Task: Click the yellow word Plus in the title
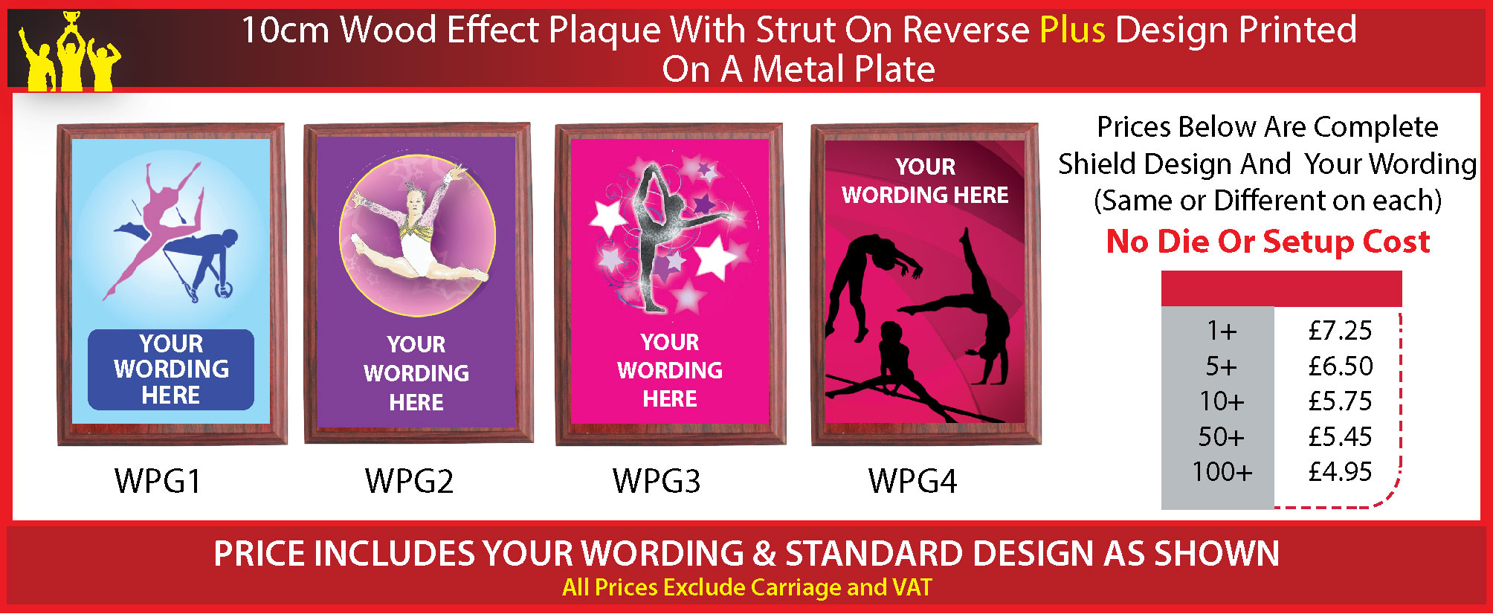(1072, 30)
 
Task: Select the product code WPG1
(158, 481)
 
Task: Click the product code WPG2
(409, 481)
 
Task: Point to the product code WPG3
(657, 481)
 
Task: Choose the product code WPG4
(912, 481)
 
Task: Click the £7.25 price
(1340, 331)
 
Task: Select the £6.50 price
(1340, 366)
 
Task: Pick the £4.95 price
(1340, 471)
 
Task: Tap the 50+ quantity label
(1221, 436)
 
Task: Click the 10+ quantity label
(1221, 401)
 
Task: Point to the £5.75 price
(1340, 401)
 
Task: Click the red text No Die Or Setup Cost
(1268, 242)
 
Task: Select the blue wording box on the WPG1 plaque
(171, 369)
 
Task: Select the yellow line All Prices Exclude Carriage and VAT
(746, 587)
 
